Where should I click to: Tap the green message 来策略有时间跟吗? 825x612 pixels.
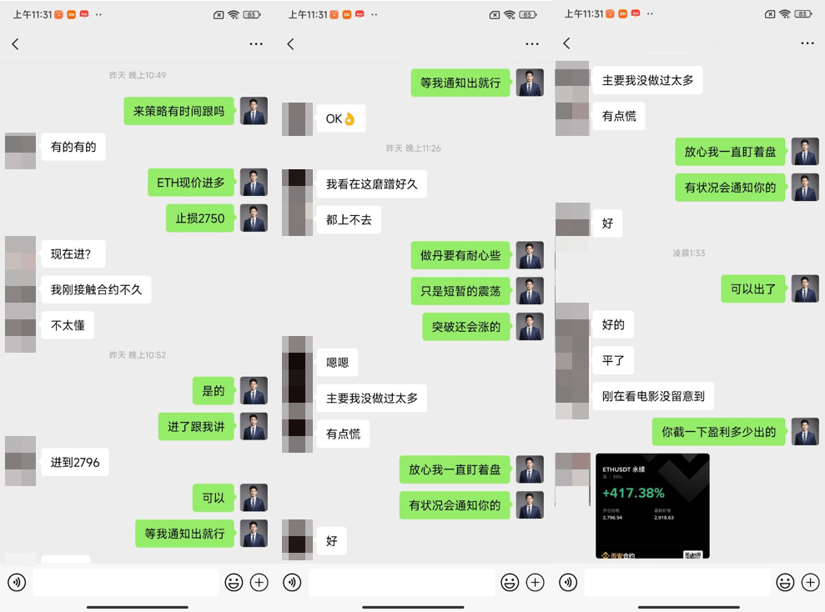pyautogui.click(x=179, y=111)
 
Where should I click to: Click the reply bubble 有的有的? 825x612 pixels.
pyautogui.click(x=73, y=147)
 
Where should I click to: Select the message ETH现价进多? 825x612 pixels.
pyautogui.click(x=191, y=183)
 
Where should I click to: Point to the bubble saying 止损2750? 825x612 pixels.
pyautogui.click(x=200, y=218)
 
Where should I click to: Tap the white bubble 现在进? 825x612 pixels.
pyautogui.click(x=72, y=254)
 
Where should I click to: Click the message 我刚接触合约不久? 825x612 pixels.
pyautogui.click(x=96, y=290)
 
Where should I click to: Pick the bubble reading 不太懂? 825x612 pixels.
pyautogui.click(x=68, y=325)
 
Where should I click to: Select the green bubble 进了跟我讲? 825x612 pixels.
pyautogui.click(x=196, y=427)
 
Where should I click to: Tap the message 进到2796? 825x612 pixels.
pyautogui.click(x=75, y=462)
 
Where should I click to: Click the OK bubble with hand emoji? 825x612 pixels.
pyautogui.click(x=340, y=118)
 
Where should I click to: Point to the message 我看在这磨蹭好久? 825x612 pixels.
pyautogui.click(x=371, y=184)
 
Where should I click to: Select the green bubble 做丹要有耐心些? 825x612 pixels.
pyautogui.click(x=460, y=255)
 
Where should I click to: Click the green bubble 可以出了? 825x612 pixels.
pyautogui.click(x=753, y=289)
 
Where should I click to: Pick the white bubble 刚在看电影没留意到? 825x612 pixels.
pyautogui.click(x=653, y=396)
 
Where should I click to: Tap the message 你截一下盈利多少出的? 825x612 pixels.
pyautogui.click(x=718, y=432)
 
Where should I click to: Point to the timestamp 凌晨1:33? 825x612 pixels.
pyautogui.click(x=689, y=253)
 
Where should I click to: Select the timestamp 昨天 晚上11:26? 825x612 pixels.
pyautogui.click(x=413, y=148)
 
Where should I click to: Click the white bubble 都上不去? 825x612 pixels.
pyautogui.click(x=349, y=220)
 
